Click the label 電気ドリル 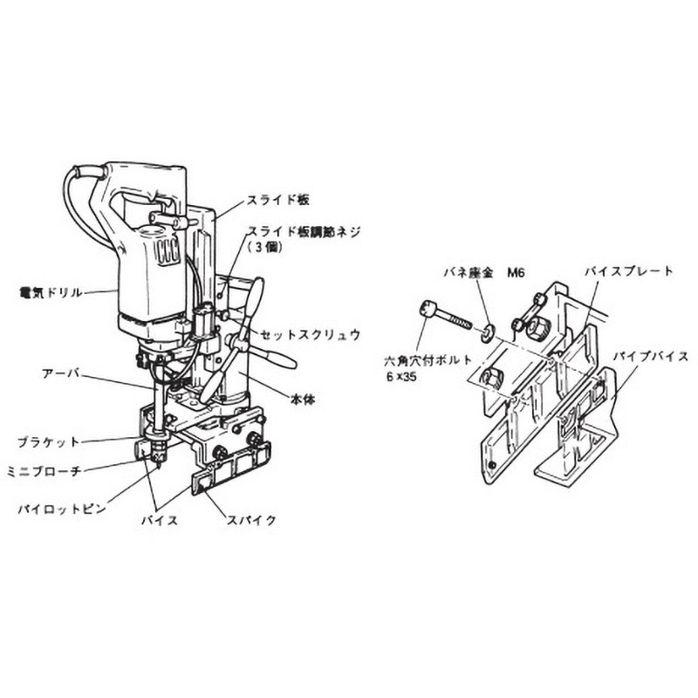click(53, 292)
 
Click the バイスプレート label click(629, 272)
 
